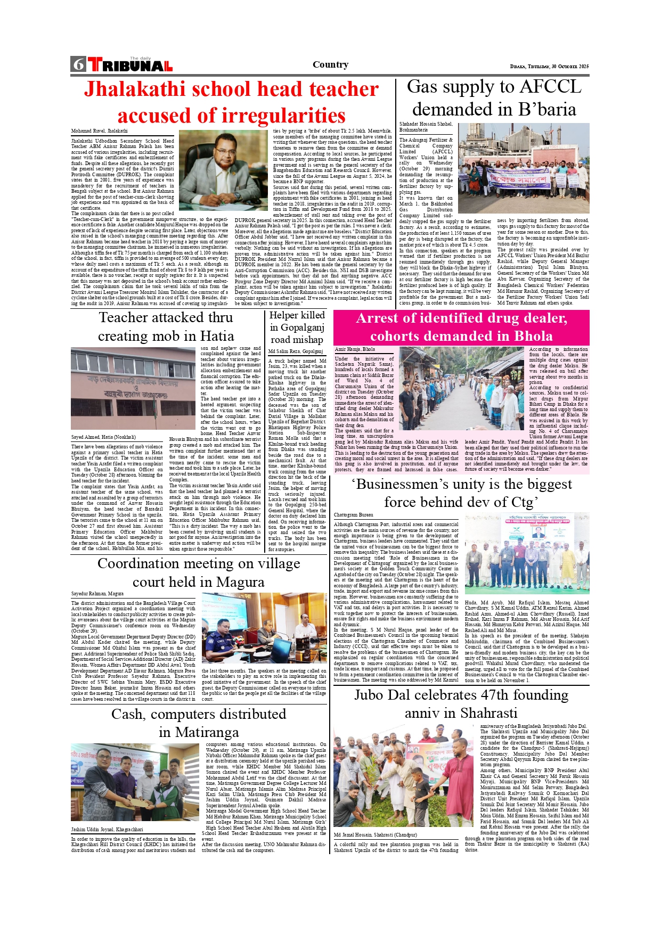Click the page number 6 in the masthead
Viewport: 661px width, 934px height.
click(79, 64)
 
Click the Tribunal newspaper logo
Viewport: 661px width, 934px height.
click(130, 65)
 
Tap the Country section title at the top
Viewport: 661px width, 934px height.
click(330, 65)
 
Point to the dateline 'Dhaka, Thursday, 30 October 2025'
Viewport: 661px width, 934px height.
click(549, 67)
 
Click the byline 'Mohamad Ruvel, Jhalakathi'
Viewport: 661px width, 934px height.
click(100, 131)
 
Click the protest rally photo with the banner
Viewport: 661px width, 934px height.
click(523, 168)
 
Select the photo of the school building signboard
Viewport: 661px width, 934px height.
click(133, 389)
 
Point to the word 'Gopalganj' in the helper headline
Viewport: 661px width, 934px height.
click(302, 327)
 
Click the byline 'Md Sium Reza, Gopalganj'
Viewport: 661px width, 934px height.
click(296, 351)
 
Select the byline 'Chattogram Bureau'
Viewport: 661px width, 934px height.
click(354, 515)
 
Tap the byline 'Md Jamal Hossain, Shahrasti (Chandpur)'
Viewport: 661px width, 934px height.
click(376, 834)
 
